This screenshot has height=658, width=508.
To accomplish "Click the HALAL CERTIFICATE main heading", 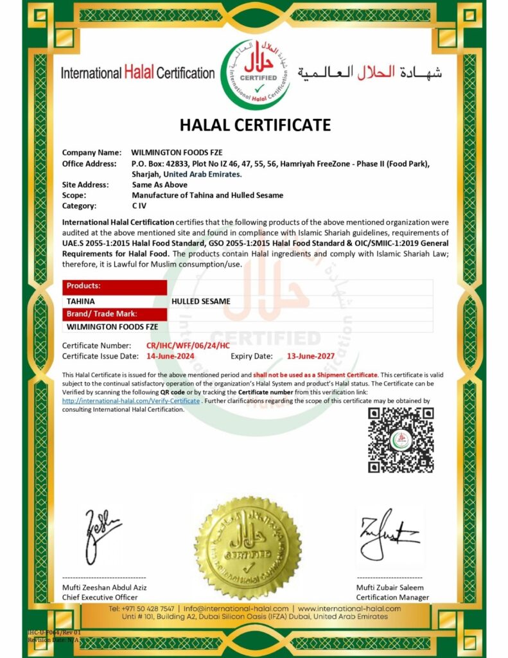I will [x=255, y=125].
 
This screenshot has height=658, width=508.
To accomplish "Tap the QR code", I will [x=400, y=440].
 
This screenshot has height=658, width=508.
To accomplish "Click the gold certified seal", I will [x=247, y=547].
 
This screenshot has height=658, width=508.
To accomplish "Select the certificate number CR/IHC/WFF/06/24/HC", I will [x=188, y=346].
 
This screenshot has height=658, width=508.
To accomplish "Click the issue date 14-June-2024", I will [x=170, y=355].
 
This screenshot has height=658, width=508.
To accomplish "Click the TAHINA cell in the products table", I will [x=81, y=301].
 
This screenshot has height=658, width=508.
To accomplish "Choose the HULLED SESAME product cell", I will [x=201, y=301].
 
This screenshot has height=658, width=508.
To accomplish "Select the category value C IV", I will [x=140, y=206].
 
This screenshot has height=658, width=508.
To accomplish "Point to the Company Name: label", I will [x=91, y=153].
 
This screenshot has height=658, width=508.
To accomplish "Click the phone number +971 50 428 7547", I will [x=141, y=608].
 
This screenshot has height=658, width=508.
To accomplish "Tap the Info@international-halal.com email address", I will [x=236, y=608].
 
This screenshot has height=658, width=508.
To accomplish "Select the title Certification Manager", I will [x=393, y=598].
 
